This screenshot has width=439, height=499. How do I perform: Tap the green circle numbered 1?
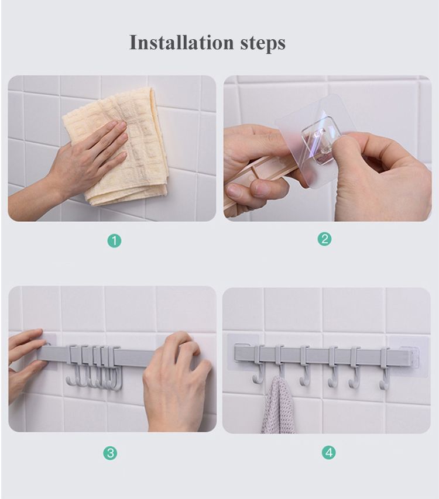[114, 240]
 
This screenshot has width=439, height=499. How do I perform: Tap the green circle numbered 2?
[324, 239]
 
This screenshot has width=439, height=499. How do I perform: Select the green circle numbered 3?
[109, 453]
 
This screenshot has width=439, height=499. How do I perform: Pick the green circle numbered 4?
[328, 452]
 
